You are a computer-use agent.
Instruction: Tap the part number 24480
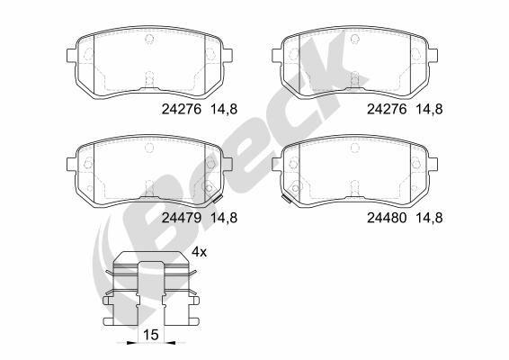(x=387, y=217)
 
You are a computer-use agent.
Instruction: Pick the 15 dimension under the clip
(x=151, y=335)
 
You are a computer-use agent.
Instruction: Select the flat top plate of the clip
(x=150, y=262)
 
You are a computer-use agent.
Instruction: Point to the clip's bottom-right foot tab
(x=189, y=318)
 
